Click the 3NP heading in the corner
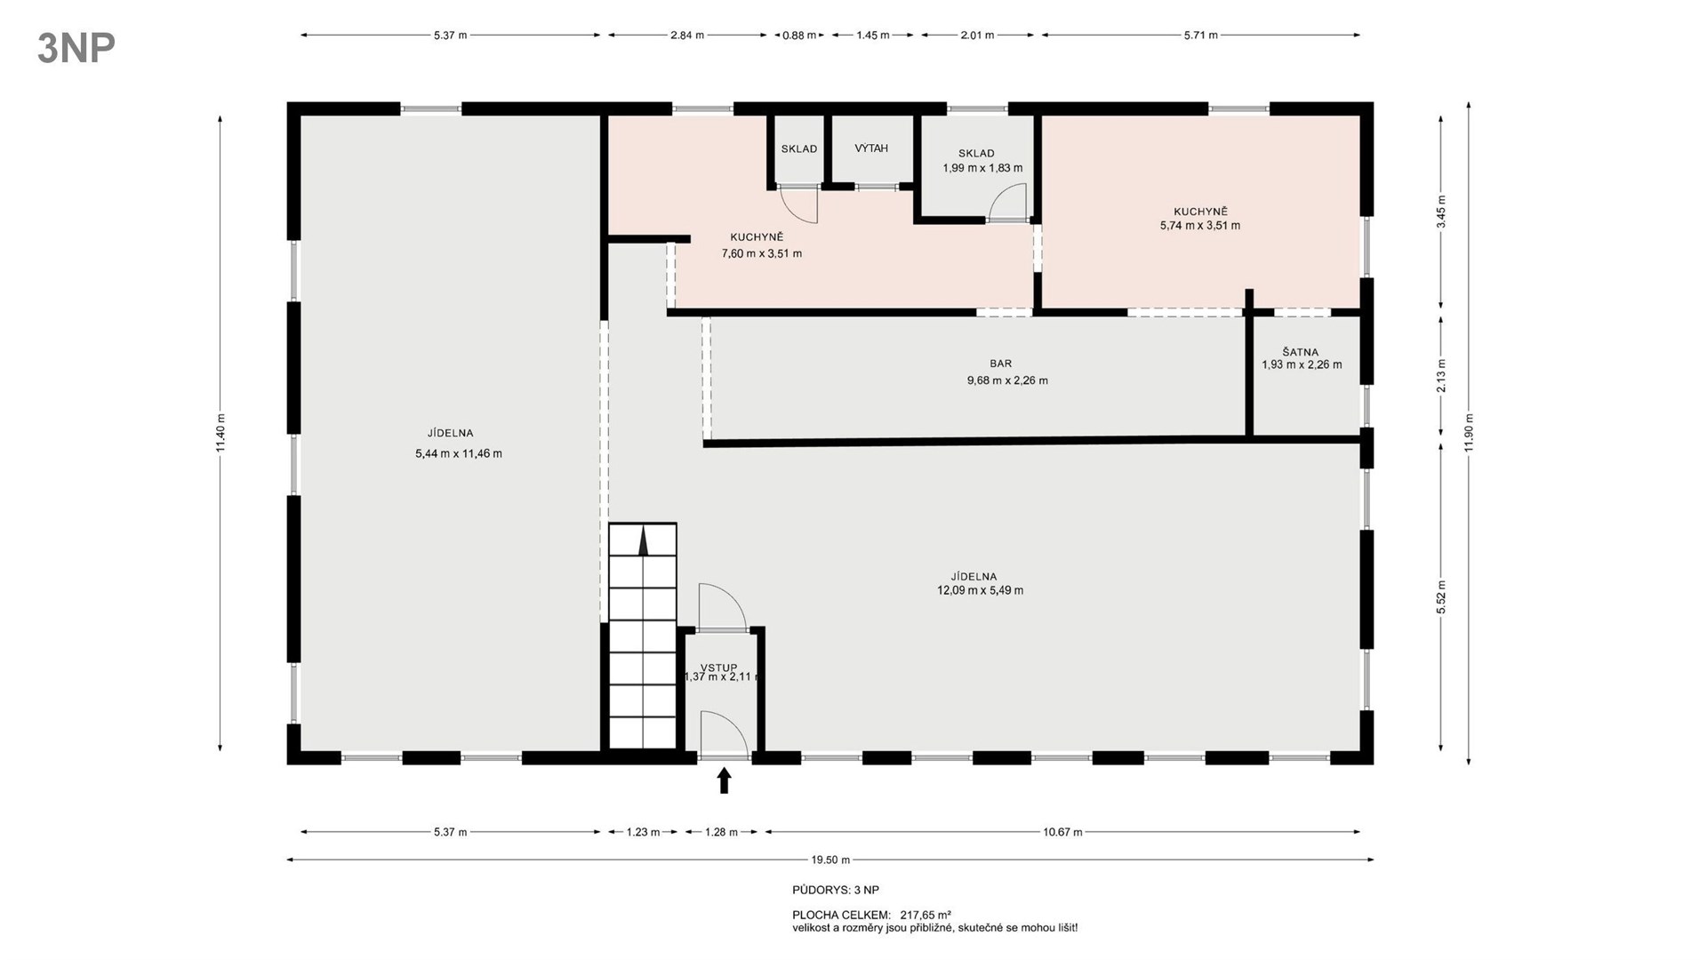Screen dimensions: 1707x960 click(x=76, y=48)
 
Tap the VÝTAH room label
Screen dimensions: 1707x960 click(x=871, y=148)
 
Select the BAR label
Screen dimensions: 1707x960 click(x=1001, y=364)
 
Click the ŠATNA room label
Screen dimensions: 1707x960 click(x=1301, y=352)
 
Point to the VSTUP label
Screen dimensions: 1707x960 click(x=718, y=668)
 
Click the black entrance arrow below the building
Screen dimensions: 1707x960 click(x=724, y=780)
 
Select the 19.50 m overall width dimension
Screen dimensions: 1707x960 click(x=830, y=860)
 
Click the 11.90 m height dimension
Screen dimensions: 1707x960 click(x=1469, y=433)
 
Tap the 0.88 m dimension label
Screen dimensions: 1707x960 click(x=799, y=36)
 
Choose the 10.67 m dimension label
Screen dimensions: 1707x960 click(x=1062, y=832)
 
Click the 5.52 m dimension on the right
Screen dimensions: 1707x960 click(x=1441, y=597)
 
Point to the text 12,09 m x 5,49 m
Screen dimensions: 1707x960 click(x=980, y=590)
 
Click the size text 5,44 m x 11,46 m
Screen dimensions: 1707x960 click(x=459, y=453)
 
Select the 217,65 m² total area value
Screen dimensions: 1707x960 click(x=926, y=914)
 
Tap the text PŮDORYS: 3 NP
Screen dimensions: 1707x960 click(x=836, y=890)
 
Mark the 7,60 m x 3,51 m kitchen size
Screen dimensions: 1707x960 click(x=762, y=253)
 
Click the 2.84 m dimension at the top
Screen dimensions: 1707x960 click(x=686, y=36)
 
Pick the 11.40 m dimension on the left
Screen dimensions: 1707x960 click(x=220, y=433)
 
